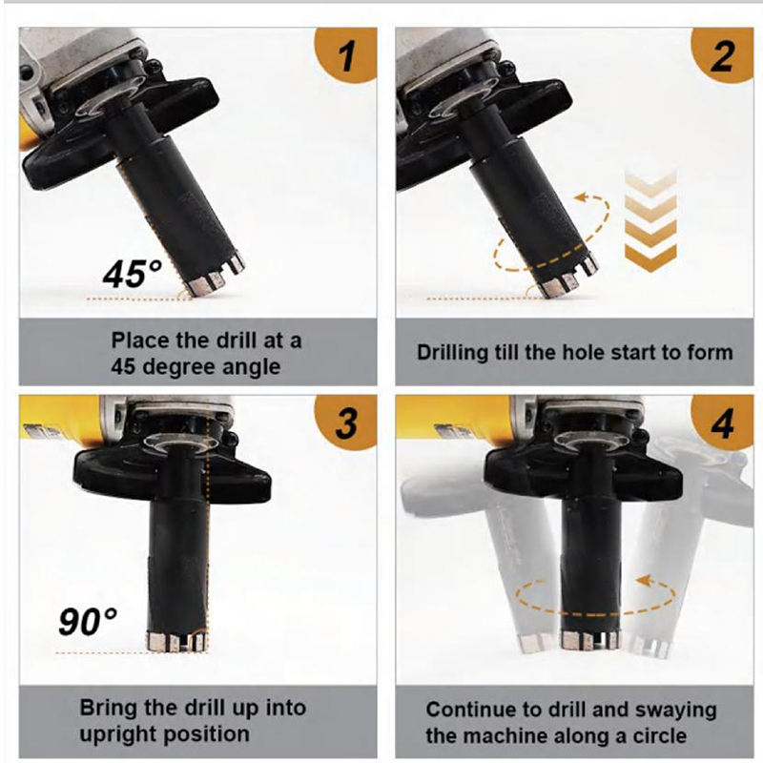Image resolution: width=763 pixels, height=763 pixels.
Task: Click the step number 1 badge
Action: [346, 54]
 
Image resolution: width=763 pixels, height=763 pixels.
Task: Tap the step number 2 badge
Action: [722, 54]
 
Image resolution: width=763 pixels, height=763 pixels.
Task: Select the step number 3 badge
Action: [346, 423]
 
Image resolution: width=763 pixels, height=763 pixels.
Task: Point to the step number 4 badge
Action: [722, 423]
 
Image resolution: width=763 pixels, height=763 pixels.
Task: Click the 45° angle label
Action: [132, 274]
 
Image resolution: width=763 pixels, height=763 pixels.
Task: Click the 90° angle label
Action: [88, 621]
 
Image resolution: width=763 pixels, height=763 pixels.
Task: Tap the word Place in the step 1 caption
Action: [140, 340]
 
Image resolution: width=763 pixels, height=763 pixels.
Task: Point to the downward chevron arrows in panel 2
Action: [650, 221]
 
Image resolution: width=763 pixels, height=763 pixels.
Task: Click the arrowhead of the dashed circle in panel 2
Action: [582, 197]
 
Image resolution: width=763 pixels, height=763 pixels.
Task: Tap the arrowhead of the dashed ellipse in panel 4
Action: [645, 581]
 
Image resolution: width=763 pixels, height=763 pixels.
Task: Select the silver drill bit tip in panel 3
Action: [177, 641]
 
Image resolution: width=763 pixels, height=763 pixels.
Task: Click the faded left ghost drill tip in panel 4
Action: [534, 644]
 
